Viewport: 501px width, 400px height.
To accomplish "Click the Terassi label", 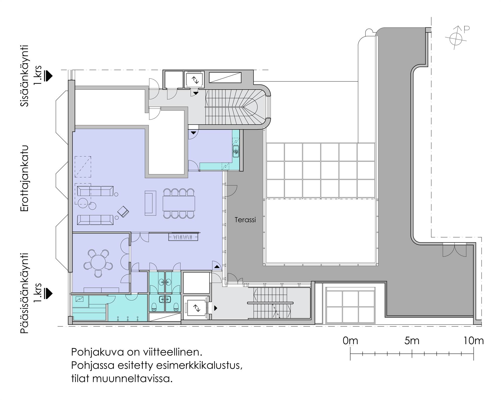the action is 245,220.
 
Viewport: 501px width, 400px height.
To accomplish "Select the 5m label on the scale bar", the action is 412,341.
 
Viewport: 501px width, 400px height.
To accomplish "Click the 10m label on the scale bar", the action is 473,341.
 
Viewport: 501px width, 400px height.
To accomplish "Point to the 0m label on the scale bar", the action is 350,341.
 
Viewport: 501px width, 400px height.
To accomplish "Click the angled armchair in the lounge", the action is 123,212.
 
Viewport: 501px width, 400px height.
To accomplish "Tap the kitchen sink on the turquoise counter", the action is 236,151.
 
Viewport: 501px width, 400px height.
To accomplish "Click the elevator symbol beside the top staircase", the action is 195,80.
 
